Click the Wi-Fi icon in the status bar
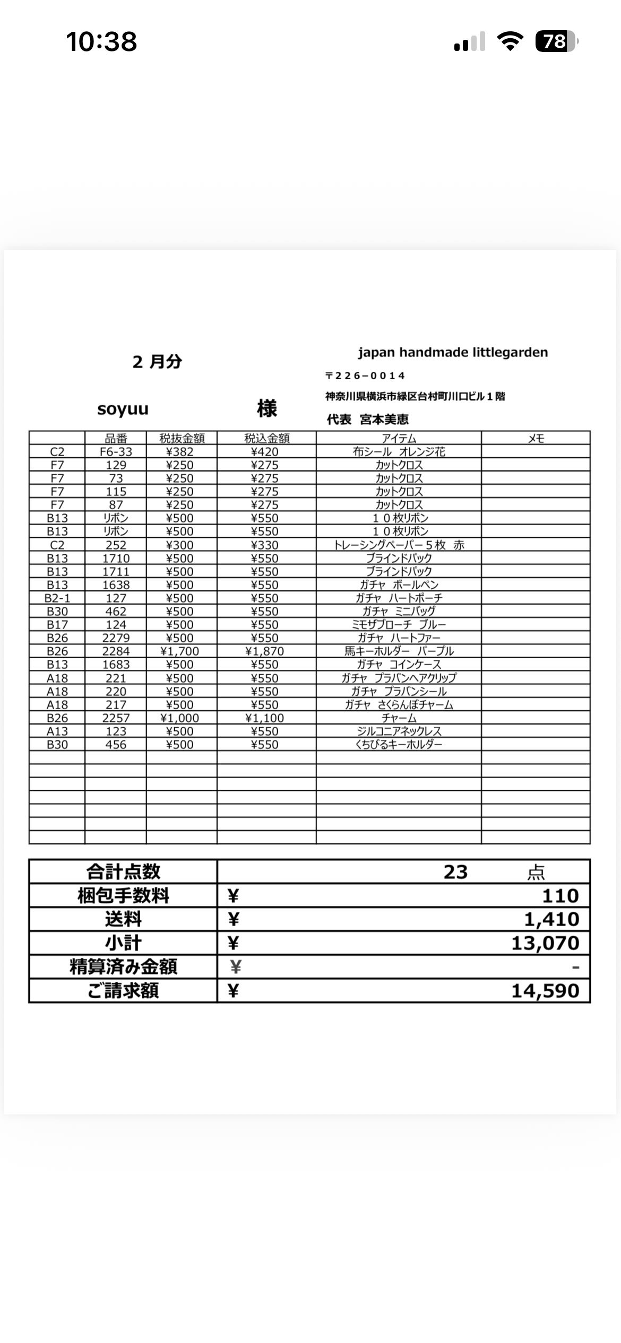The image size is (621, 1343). [x=510, y=41]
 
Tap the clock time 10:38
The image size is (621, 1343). [x=101, y=41]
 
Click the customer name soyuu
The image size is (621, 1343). [x=123, y=409]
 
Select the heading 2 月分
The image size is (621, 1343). [x=157, y=362]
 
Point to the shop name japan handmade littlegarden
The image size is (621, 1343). [x=453, y=352]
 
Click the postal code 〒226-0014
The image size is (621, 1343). [x=365, y=376]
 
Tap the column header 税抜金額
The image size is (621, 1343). [x=182, y=438]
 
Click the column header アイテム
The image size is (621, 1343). [x=399, y=438]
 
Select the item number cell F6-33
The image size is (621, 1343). [x=116, y=452]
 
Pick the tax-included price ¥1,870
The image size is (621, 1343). [x=264, y=651]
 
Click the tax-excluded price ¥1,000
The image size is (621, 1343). [x=179, y=718]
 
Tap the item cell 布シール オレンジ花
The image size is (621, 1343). [x=399, y=452]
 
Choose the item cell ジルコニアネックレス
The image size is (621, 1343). [x=399, y=731]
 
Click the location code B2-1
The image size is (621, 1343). [x=57, y=598]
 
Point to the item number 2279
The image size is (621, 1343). [x=116, y=638]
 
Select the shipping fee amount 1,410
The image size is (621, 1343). [x=551, y=919]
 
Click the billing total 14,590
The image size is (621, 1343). [x=545, y=991]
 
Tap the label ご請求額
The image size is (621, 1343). [x=123, y=991]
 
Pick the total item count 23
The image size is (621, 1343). [x=455, y=872]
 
